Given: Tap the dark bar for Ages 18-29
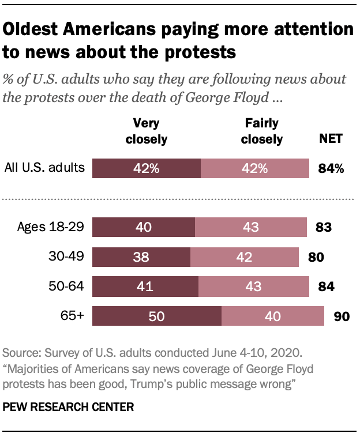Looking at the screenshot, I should pos(144,227).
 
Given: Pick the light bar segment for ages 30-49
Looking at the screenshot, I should pos(245,256).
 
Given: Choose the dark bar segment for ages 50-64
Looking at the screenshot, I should pos(145,286).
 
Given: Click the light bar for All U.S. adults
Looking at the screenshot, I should pos(254,168).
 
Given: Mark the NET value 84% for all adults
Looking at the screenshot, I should pos(331,168).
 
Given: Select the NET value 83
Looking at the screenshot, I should pos(322,227).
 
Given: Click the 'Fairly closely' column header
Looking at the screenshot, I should pos(261,131).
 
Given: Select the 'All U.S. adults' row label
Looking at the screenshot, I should pos(45,168).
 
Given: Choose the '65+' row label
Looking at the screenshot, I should pos(73,316).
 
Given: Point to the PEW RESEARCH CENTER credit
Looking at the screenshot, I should pos(69,407).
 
